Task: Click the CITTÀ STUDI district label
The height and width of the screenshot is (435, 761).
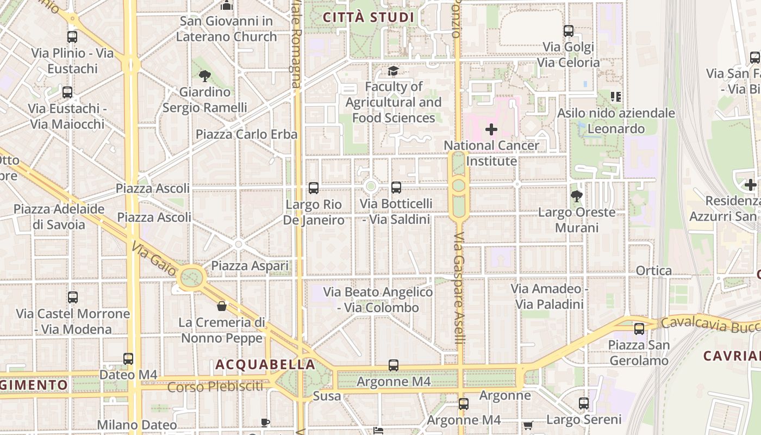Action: [369, 17]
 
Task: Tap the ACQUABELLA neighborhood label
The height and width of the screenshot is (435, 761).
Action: [265, 364]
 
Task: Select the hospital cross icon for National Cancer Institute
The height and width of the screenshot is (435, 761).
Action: [491, 129]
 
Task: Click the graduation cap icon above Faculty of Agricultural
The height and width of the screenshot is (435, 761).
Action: [393, 71]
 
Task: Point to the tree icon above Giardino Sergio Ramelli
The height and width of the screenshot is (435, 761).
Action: [204, 76]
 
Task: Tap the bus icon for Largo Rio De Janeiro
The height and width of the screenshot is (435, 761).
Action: [314, 188]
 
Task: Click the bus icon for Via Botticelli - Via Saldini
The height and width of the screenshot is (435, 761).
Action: [396, 188]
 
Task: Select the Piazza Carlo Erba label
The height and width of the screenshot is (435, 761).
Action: [246, 134]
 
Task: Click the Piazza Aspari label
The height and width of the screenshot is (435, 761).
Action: [249, 266]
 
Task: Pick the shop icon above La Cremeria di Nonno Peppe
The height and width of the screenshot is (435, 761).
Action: [222, 306]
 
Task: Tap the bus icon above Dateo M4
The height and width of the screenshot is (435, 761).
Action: [128, 359]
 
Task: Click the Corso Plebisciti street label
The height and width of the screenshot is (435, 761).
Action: [215, 387]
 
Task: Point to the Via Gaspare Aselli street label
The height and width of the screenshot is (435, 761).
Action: [459, 288]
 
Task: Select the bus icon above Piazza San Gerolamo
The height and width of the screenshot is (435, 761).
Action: [639, 328]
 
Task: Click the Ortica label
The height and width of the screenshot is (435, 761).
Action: [653, 271]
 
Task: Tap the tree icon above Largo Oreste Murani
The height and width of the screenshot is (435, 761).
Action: [577, 196]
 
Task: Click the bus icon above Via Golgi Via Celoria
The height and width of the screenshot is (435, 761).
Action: [569, 31]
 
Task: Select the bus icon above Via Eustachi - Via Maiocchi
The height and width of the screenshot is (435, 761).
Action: [67, 92]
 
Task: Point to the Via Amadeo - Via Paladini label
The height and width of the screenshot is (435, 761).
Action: [549, 296]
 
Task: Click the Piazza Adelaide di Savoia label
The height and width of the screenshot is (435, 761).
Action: [59, 217]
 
